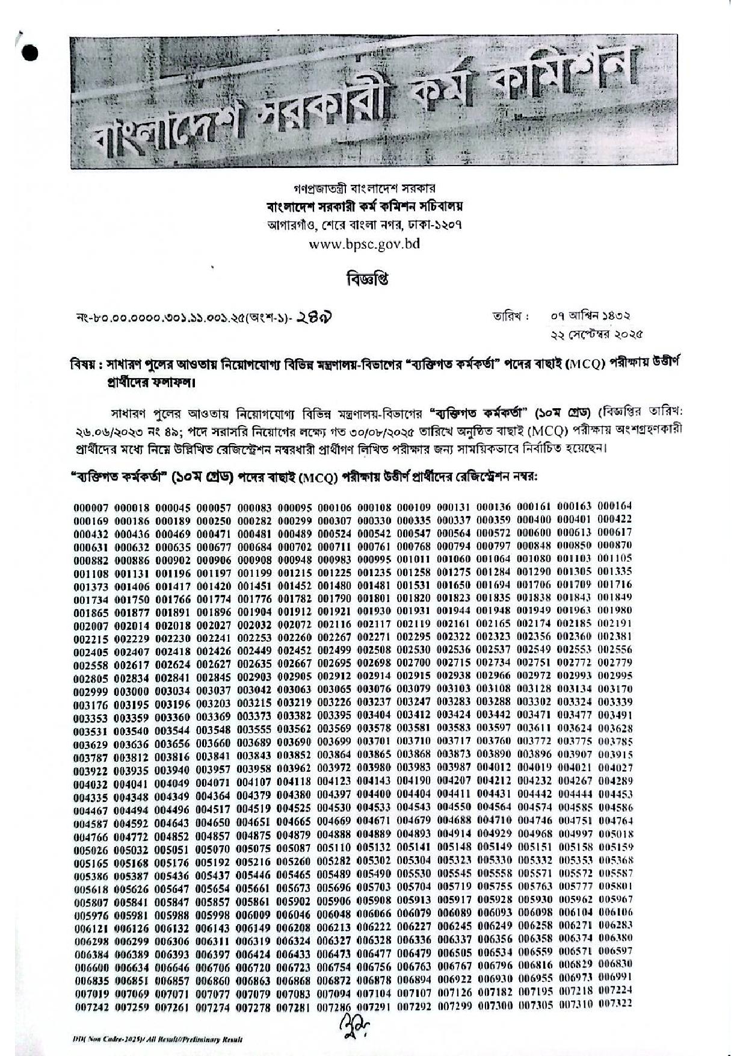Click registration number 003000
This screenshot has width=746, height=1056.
tap(132, 689)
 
